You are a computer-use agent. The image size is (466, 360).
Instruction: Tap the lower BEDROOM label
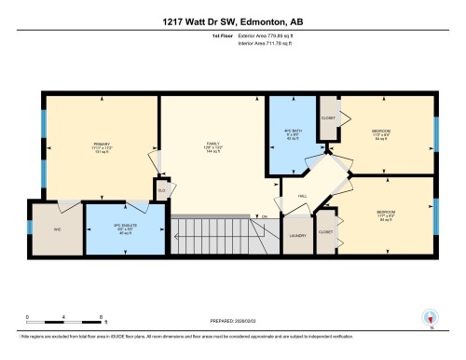click(386, 214)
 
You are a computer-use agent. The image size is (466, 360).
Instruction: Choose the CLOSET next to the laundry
click(325, 230)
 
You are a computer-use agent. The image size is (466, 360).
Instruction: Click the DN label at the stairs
click(264, 217)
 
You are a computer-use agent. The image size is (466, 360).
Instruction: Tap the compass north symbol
click(430, 316)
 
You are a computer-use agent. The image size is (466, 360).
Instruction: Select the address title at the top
click(232, 23)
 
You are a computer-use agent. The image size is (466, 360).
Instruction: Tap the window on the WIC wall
click(27, 228)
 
